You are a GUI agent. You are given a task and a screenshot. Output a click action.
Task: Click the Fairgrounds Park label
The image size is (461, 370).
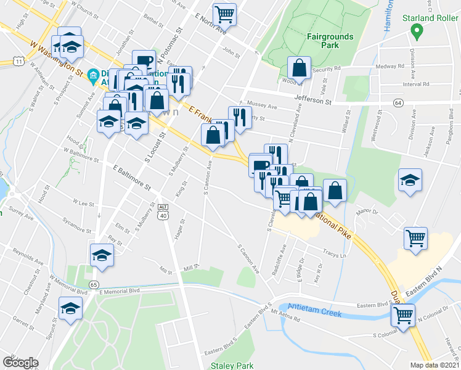tap(330, 41)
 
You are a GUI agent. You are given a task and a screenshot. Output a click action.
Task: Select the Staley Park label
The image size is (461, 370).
tap(232, 366)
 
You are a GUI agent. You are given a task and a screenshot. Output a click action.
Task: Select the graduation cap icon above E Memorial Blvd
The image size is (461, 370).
tap(102, 255)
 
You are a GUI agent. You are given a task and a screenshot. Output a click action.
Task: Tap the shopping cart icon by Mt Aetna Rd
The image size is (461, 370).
tap(403, 315)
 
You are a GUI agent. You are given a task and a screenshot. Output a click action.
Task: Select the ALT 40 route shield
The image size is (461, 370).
tap(163, 211)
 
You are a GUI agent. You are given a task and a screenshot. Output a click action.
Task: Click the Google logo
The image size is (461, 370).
tap(20, 362)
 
